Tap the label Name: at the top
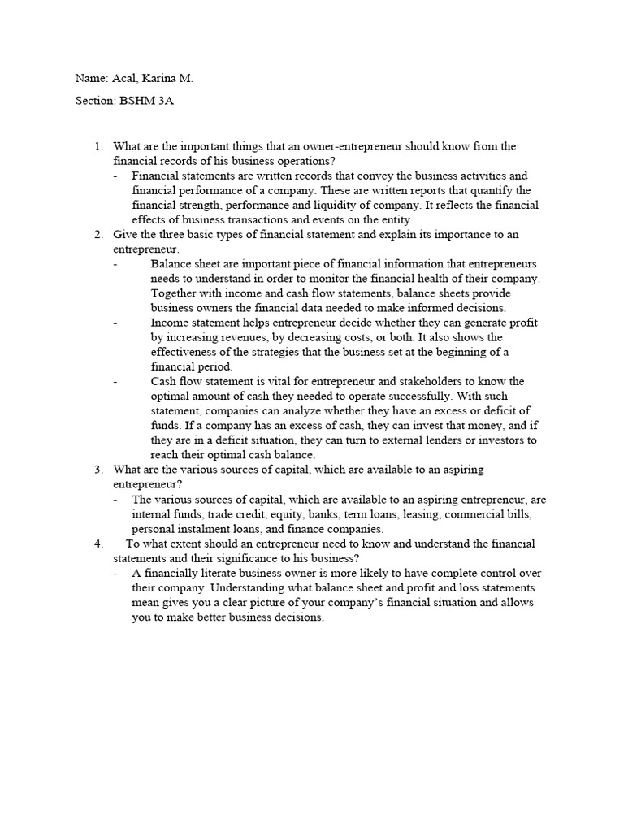pos(92,79)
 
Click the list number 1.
pos(97,146)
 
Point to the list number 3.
pos(97,470)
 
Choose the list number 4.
pos(97,544)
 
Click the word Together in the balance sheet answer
pos(176,293)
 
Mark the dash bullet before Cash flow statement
pos(116,382)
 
